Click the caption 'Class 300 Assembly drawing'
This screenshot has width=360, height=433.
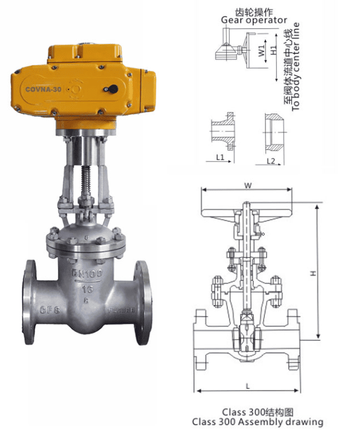click(257, 421)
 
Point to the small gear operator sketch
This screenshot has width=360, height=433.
click(230, 50)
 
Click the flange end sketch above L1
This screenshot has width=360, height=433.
click(224, 131)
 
